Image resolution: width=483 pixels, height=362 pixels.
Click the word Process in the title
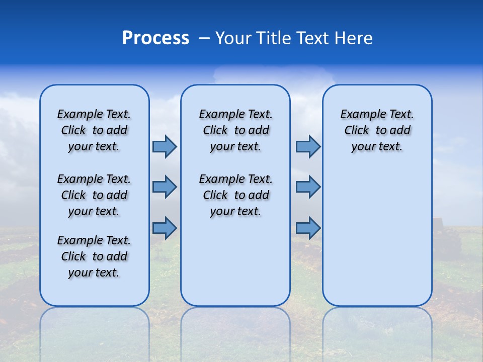(155, 38)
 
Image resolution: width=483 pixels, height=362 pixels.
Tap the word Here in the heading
(354, 38)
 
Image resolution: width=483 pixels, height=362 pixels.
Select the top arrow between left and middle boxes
(165, 146)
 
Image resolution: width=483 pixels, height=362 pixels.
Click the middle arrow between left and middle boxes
(165, 187)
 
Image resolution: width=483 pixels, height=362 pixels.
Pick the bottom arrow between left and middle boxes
(165, 228)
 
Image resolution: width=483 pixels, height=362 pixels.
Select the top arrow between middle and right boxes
(308, 146)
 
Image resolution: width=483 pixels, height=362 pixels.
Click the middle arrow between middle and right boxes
(308, 187)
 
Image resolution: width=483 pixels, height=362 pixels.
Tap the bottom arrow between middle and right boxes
(308, 228)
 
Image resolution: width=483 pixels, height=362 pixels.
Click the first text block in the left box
(94, 130)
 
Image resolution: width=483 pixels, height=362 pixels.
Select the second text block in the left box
(94, 195)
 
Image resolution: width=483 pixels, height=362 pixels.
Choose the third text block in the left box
(94, 256)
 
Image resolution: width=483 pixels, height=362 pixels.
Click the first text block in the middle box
(235, 130)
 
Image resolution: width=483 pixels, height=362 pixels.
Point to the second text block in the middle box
(235, 195)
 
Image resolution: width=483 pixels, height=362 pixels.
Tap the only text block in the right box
(377, 130)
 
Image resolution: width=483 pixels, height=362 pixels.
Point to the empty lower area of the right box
(377, 236)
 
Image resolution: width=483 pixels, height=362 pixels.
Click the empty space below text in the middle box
(235, 261)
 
